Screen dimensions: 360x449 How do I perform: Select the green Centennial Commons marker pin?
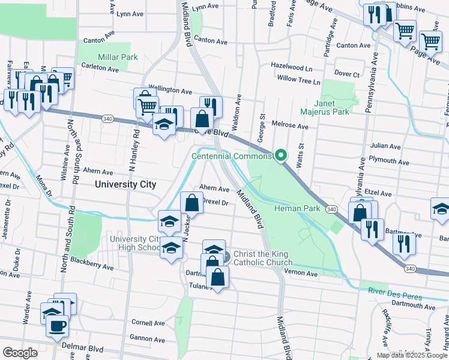[280, 156]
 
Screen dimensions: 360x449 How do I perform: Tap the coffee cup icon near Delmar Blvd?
[57, 326]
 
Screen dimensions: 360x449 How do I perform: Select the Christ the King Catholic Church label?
[263, 258]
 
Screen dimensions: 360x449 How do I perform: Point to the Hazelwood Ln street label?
[292, 68]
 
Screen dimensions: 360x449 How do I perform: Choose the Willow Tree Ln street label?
[298, 81]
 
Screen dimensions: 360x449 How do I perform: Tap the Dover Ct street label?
[346, 74]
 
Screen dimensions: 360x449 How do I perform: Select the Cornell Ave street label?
[148, 323]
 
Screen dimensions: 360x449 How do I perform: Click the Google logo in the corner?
[20, 353]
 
